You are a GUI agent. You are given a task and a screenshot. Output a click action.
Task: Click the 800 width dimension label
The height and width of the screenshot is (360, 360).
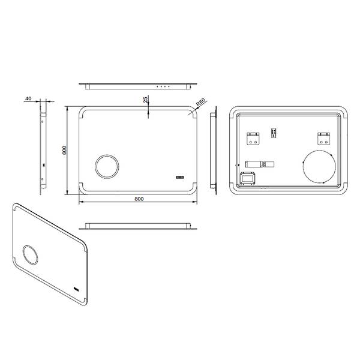coord(139,199)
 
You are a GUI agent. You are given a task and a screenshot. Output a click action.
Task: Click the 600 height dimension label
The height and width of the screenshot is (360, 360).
coord(65,150)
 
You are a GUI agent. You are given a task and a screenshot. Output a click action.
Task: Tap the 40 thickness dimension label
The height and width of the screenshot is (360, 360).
coord(28,98)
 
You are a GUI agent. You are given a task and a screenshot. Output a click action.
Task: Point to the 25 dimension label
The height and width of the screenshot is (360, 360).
coord(145,100)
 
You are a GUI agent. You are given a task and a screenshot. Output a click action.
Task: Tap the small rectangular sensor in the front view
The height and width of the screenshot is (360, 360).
coord(180,177)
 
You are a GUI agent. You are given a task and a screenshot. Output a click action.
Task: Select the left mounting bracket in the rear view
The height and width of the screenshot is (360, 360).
coord(253,139)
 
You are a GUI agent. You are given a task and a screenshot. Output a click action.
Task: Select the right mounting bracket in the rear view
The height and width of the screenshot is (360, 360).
coord(324,139)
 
